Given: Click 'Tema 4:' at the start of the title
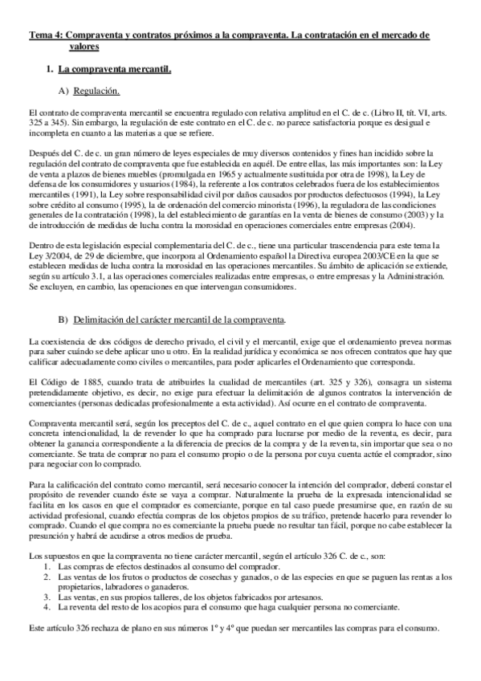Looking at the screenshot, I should click(x=44, y=36).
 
